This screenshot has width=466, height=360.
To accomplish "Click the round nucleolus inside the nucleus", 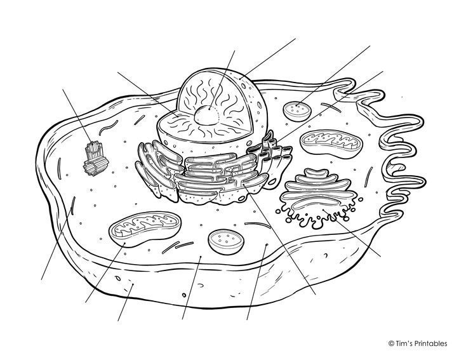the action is (x=206, y=115).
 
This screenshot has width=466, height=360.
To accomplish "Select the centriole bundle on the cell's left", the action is (x=96, y=158).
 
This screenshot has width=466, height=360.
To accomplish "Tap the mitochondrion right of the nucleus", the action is (x=331, y=142).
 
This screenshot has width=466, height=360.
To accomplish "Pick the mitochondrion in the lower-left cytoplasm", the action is (x=145, y=229).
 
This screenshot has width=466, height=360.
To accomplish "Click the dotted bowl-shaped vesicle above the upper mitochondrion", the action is (x=298, y=111).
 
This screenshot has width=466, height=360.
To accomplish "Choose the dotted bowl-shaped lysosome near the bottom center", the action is (x=226, y=241).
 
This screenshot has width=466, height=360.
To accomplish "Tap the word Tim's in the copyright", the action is (x=403, y=343).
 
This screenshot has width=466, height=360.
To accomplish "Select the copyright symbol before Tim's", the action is (x=391, y=343).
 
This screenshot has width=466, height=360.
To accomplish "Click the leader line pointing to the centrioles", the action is (x=77, y=116).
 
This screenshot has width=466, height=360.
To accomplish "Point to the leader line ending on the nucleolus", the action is (x=222, y=80).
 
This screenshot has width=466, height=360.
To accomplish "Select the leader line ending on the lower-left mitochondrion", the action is (x=105, y=272).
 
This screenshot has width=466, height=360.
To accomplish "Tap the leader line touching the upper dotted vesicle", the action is (x=333, y=76).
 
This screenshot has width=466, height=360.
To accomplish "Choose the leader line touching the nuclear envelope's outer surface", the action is (x=267, y=58).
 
